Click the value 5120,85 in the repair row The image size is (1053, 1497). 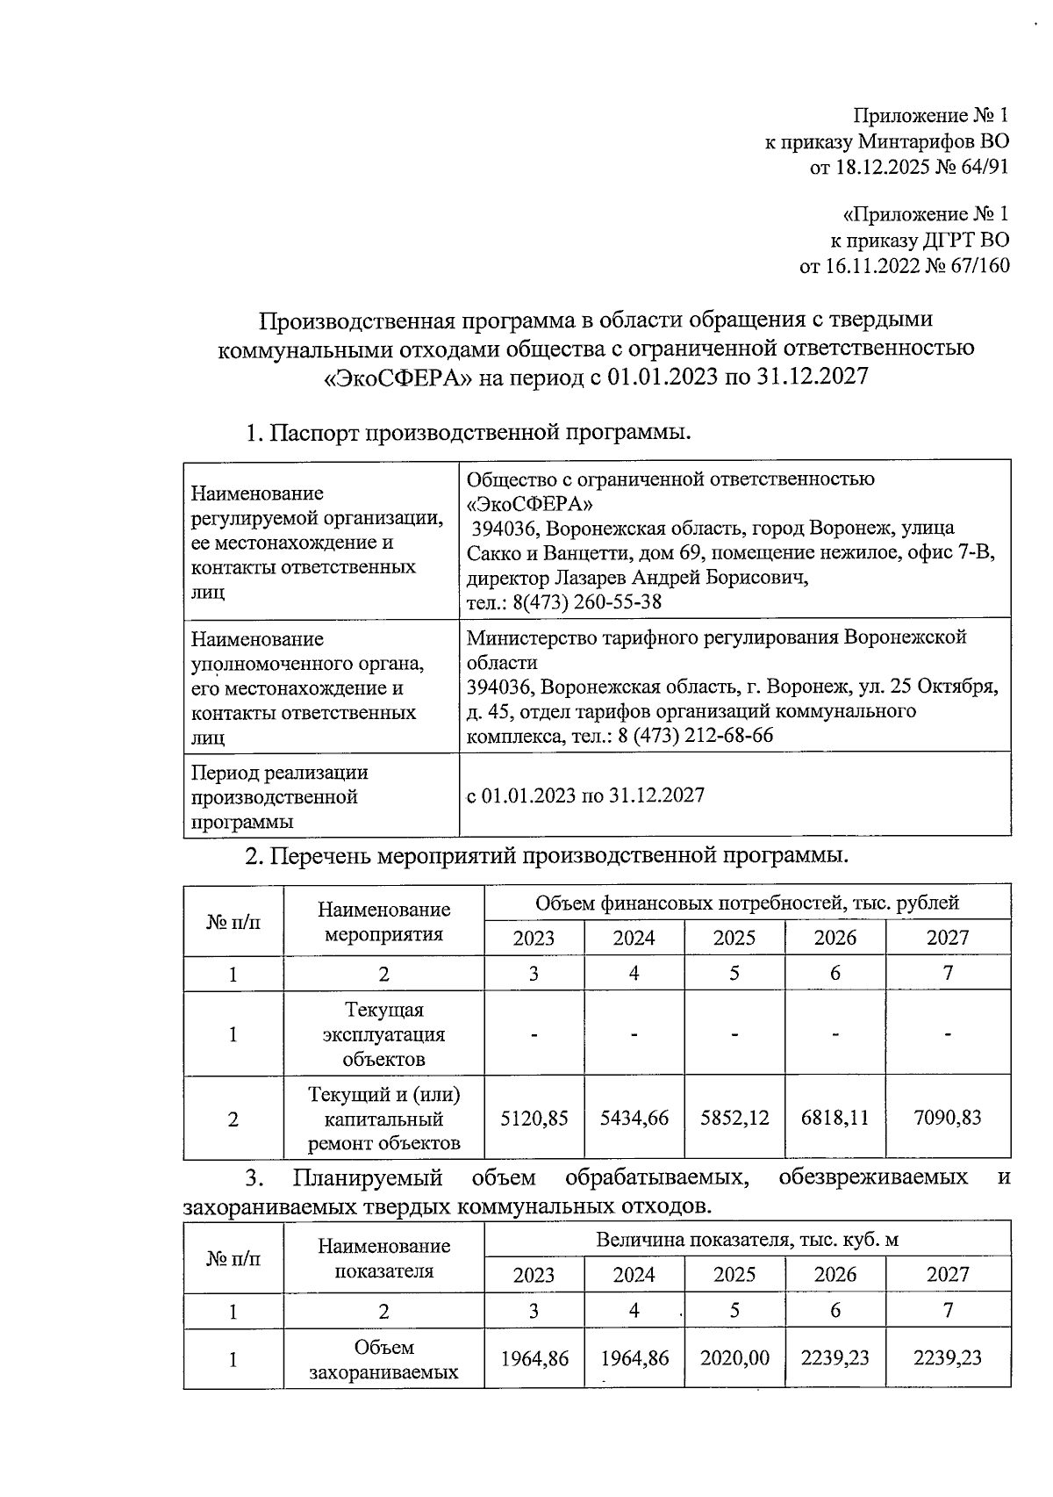pos(534,1119)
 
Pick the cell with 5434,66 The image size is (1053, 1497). pos(634,1119)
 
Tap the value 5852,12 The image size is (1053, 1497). pos(734,1119)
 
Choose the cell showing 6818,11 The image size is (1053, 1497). pos(835,1119)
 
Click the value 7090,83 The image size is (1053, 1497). pos(948,1119)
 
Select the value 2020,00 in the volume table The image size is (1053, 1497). pos(734,1358)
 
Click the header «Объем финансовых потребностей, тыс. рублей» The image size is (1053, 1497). pos(747,903)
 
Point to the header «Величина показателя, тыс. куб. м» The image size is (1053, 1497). pos(747,1240)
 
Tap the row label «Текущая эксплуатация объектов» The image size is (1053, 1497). pos(383,1034)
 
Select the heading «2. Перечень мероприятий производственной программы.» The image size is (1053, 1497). pos(546,855)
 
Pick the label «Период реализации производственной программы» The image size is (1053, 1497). pos(280,797)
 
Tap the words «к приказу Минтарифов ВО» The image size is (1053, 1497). pos(887,141)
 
